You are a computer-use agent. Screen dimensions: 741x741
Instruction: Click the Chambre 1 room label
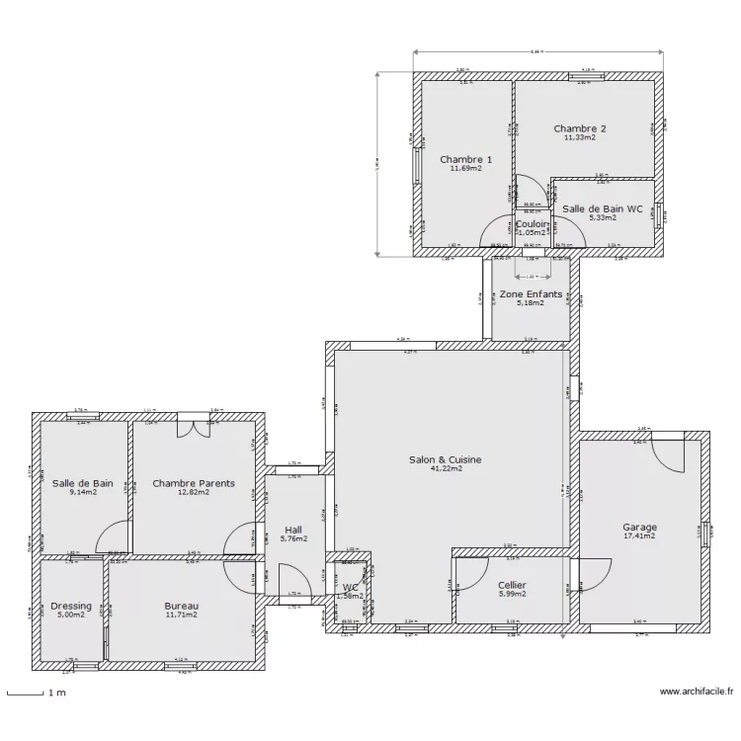pos(465,159)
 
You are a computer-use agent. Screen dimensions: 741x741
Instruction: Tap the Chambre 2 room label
pos(580,128)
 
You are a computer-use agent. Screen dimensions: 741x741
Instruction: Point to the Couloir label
pos(533,223)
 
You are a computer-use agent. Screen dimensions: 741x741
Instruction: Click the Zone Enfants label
pos(531,294)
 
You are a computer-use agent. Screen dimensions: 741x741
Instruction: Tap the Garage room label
pos(639,527)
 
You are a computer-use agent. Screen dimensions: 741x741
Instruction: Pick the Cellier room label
pos(512,585)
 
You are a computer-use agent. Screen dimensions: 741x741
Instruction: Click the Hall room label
pos(293,529)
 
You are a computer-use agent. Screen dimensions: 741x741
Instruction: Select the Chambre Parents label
pos(194,483)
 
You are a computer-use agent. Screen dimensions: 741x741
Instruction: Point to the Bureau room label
pos(182,605)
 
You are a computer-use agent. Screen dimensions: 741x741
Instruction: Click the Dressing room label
pos(71,606)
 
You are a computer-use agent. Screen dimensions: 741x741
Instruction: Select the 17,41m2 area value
pos(639,535)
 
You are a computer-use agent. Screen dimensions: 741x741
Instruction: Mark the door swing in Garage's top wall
pos(666,450)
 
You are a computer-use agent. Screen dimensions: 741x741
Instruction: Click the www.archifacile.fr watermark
pos(696,693)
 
